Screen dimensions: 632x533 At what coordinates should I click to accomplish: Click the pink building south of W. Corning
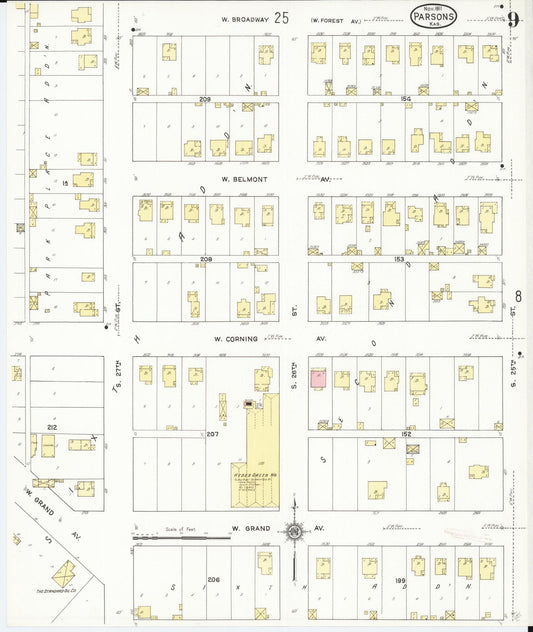318,379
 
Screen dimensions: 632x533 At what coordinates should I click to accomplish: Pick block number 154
405,99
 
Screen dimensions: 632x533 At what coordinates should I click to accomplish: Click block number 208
207,259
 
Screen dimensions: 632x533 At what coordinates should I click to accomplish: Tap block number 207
212,433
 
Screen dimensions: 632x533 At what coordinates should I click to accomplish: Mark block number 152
405,433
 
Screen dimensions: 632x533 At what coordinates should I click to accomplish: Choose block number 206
212,580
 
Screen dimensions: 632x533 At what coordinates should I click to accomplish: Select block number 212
49,427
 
